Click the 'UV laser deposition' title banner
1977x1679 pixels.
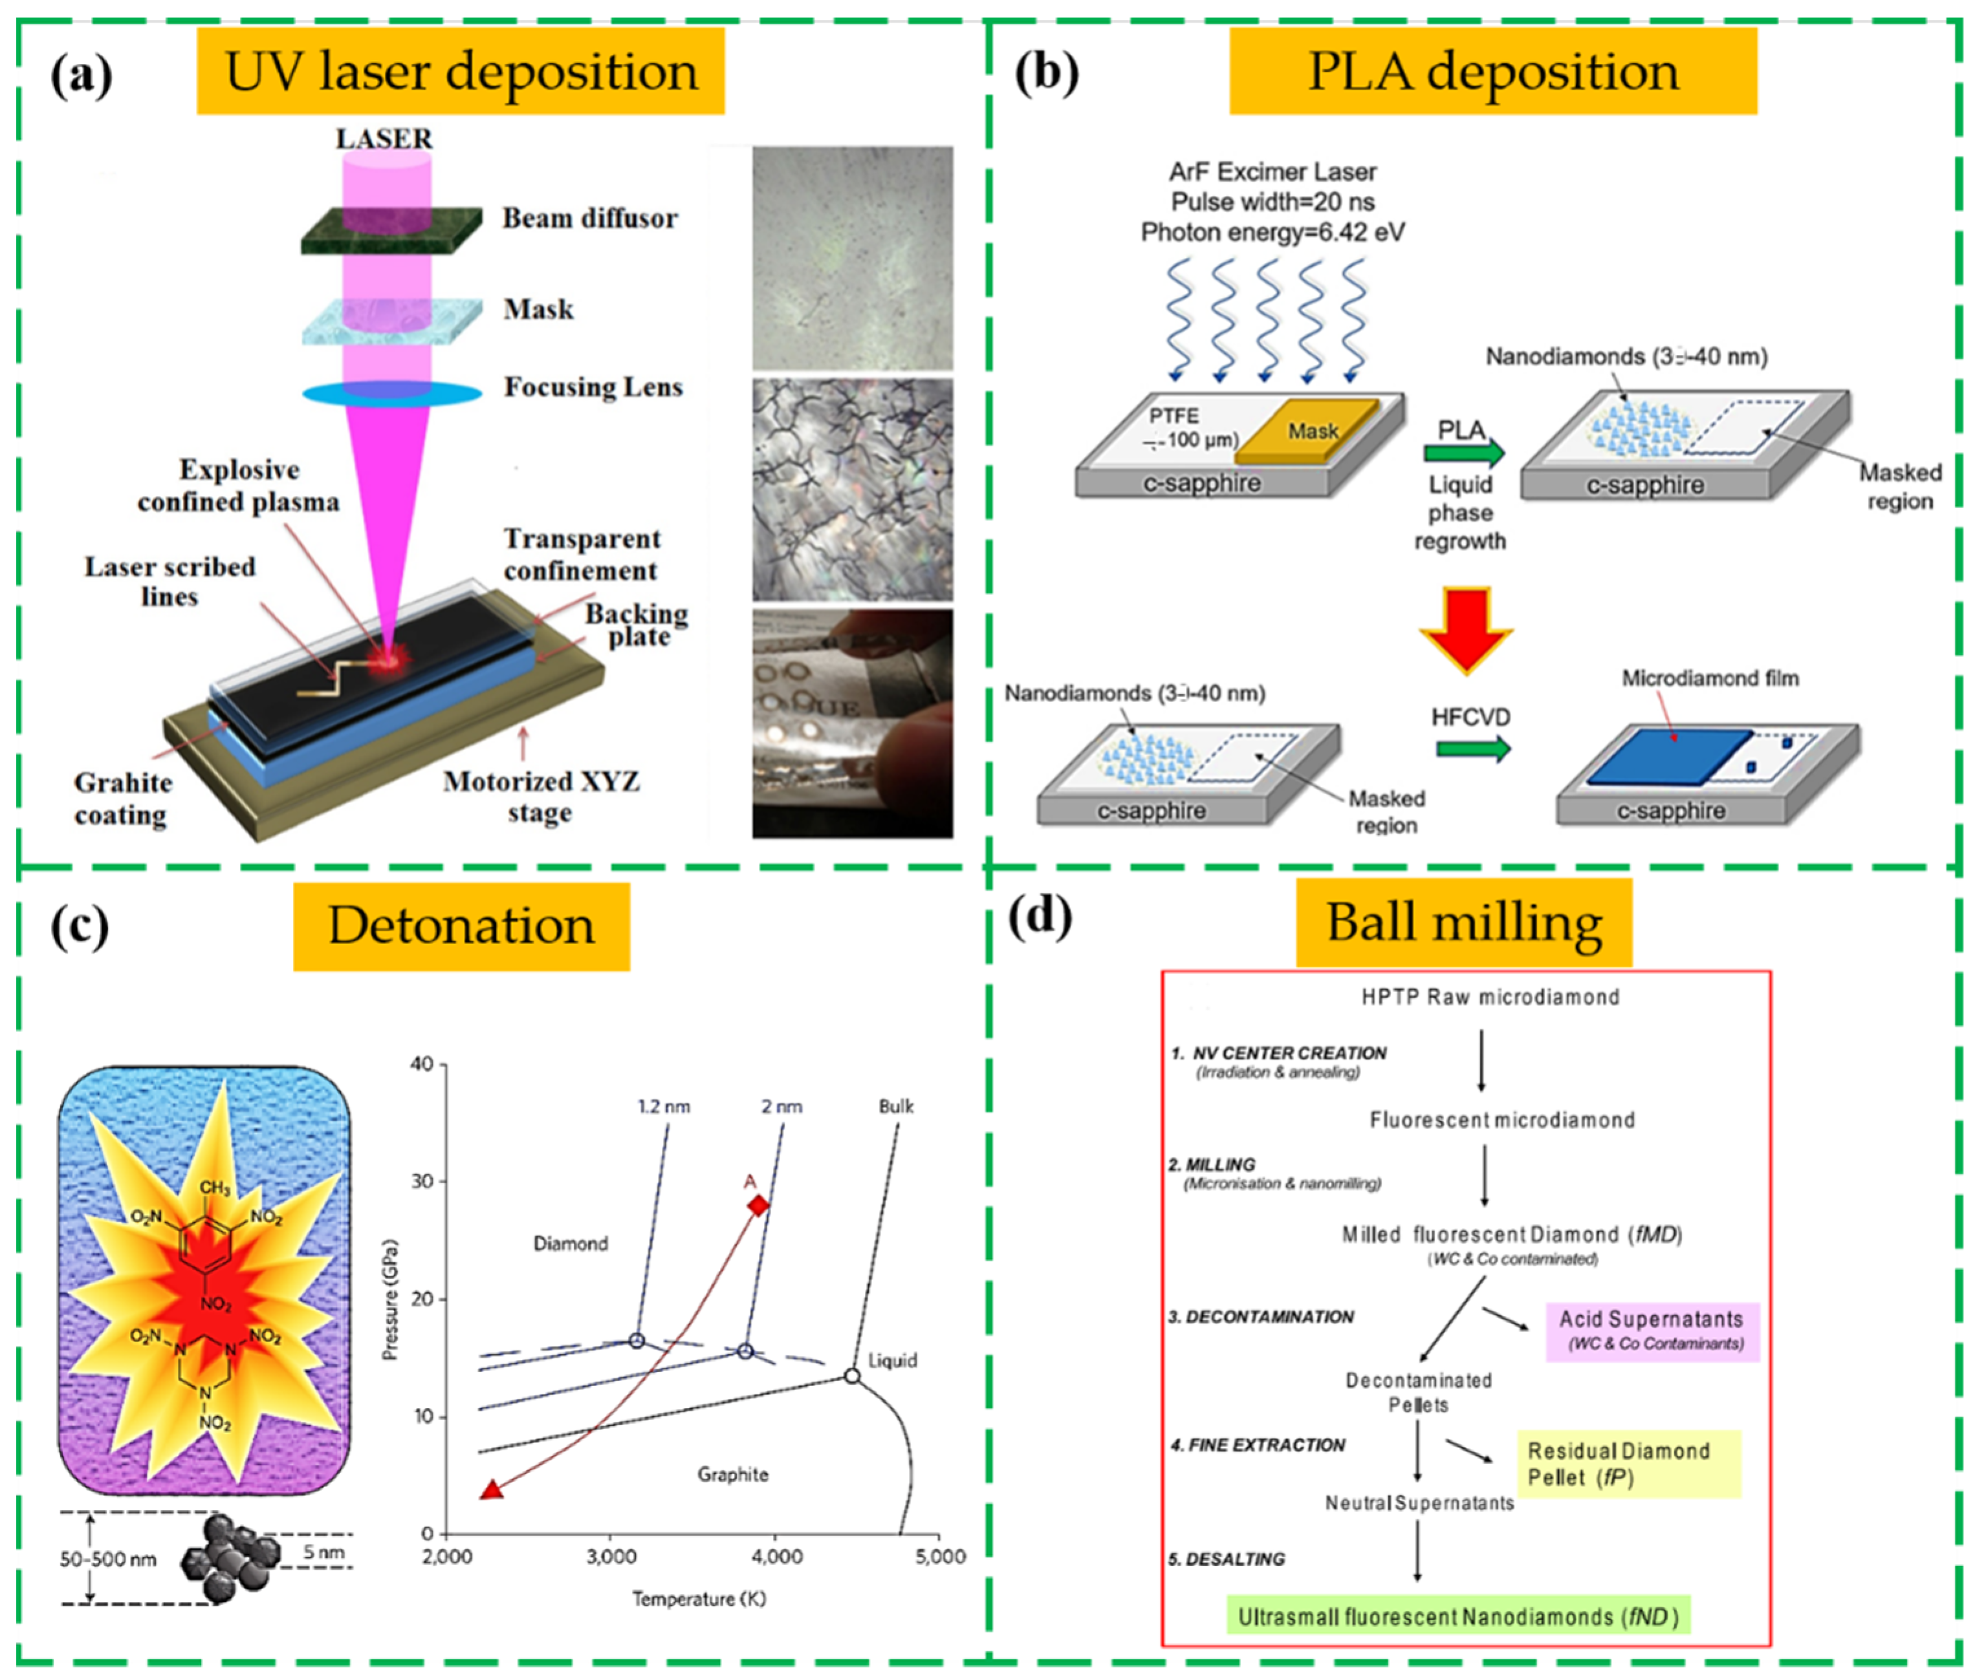460,71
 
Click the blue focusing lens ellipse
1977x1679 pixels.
392,393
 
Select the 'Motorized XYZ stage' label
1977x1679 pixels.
540,796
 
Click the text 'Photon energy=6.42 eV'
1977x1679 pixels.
1272,232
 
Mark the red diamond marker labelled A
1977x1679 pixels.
758,1206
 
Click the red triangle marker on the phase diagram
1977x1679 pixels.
492,1490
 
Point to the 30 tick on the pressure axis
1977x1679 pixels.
422,1181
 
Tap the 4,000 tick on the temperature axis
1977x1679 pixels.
776,1557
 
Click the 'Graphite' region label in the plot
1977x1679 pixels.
732,1474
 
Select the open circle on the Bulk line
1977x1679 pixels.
852,1376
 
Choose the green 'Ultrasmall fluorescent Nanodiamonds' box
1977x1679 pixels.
1457,1617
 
